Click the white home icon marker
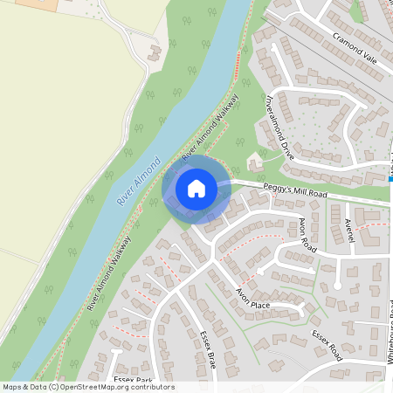tap(196, 189)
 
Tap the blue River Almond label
tap(139, 182)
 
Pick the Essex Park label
tap(133, 380)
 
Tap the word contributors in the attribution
tap(151, 387)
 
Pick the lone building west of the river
tap(155, 52)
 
